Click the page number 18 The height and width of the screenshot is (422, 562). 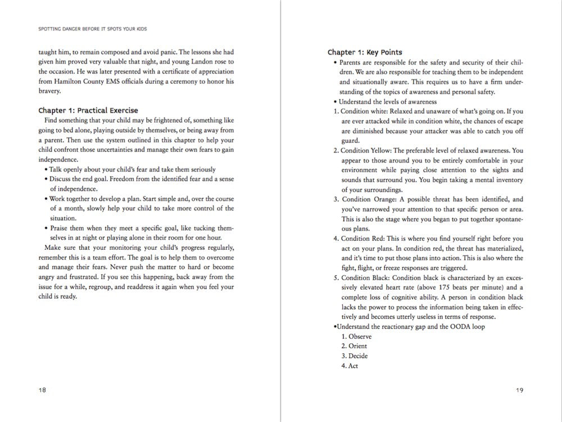42,390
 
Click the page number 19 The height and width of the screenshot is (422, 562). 519,390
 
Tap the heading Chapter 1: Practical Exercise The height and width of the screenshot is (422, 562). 88,110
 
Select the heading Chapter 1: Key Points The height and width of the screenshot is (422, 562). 365,52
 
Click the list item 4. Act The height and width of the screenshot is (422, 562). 350,366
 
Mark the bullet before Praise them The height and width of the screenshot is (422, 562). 46,228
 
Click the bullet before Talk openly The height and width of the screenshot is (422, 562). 46,169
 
